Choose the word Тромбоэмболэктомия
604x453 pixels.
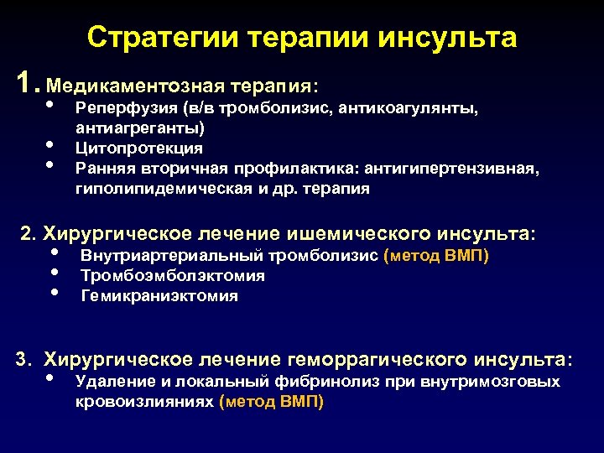[173, 275]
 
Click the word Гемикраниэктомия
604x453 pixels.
[159, 295]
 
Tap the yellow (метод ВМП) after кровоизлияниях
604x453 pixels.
[270, 402]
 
